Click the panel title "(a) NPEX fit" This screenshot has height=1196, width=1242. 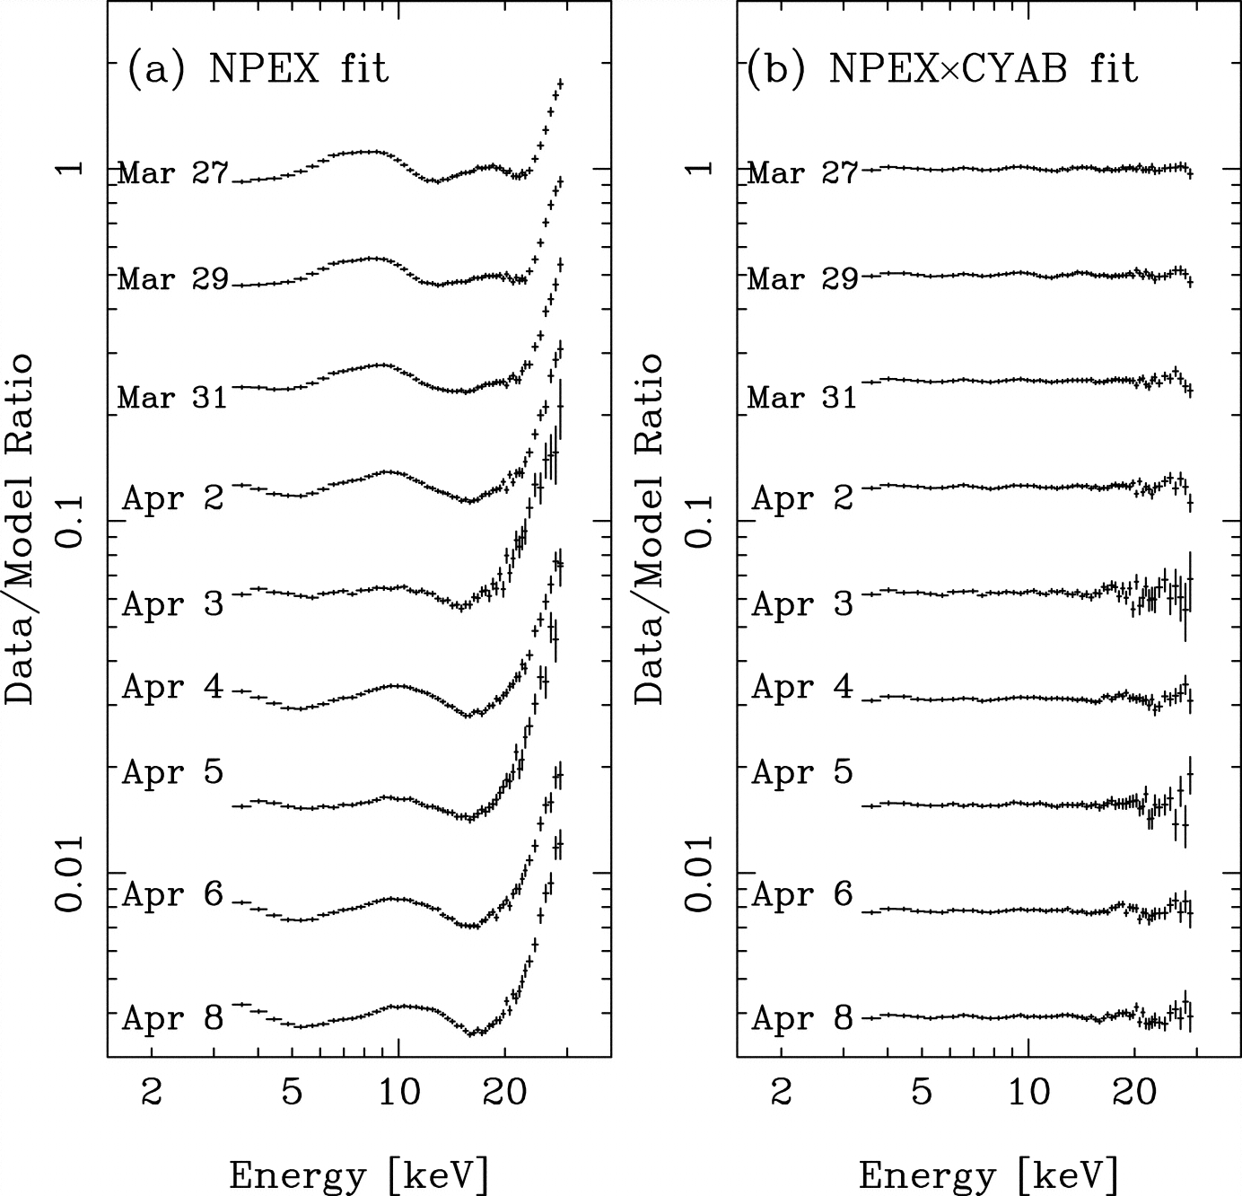[x=258, y=69]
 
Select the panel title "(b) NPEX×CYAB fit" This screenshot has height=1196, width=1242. [x=942, y=69]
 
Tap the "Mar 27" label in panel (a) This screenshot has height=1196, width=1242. [x=173, y=172]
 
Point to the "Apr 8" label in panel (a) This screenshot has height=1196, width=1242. [x=172, y=1018]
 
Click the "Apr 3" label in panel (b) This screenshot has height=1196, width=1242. [x=802, y=604]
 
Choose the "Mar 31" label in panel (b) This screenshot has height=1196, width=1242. [x=802, y=396]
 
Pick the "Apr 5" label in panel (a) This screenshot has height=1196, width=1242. [x=172, y=771]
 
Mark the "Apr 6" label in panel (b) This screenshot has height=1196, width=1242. [x=802, y=894]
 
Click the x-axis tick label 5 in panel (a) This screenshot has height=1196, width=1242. [x=290, y=1093]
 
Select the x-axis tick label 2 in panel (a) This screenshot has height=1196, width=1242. [x=152, y=1093]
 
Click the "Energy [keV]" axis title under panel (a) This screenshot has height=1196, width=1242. [x=359, y=1174]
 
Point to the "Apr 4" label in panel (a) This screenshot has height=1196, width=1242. [x=172, y=687]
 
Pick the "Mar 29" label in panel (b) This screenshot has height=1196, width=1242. [x=802, y=278]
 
